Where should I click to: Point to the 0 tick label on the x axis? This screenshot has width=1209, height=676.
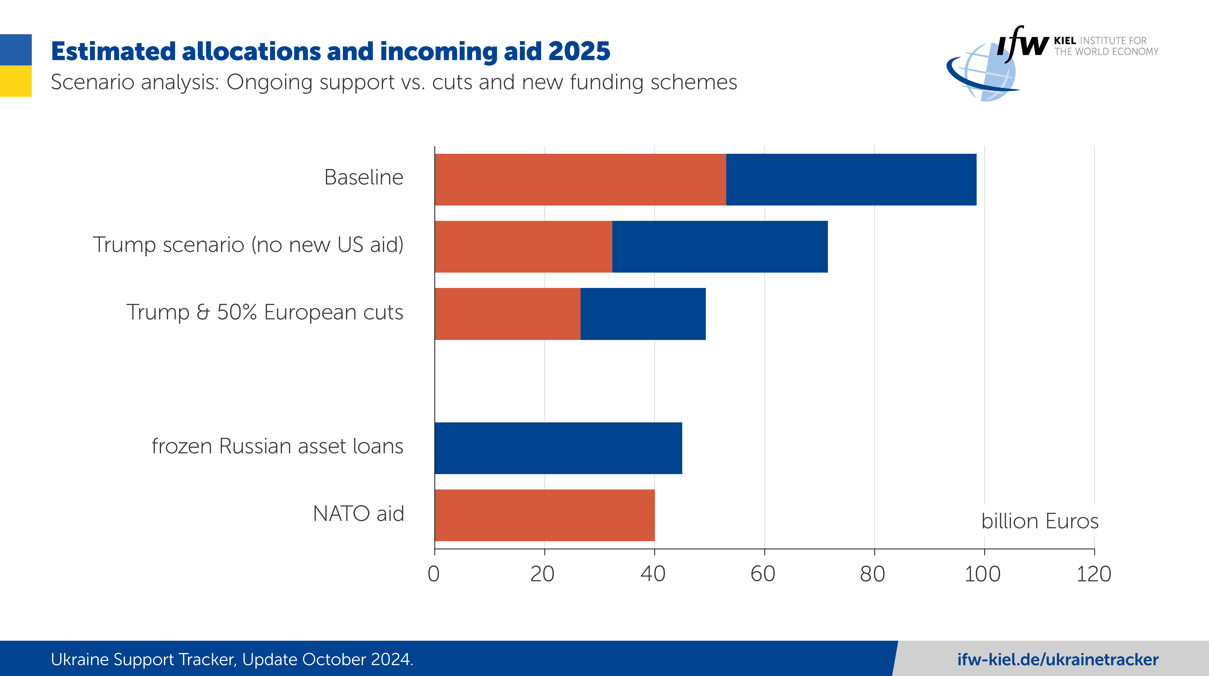434,574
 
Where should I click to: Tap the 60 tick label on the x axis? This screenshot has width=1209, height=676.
763,574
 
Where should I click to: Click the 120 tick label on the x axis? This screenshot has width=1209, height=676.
1094,574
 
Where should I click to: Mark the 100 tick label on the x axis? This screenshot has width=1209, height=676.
983,574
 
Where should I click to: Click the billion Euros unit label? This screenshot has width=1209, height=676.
1039,521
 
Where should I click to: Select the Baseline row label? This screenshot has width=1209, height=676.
364,177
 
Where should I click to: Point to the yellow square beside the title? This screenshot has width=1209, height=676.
16,81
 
